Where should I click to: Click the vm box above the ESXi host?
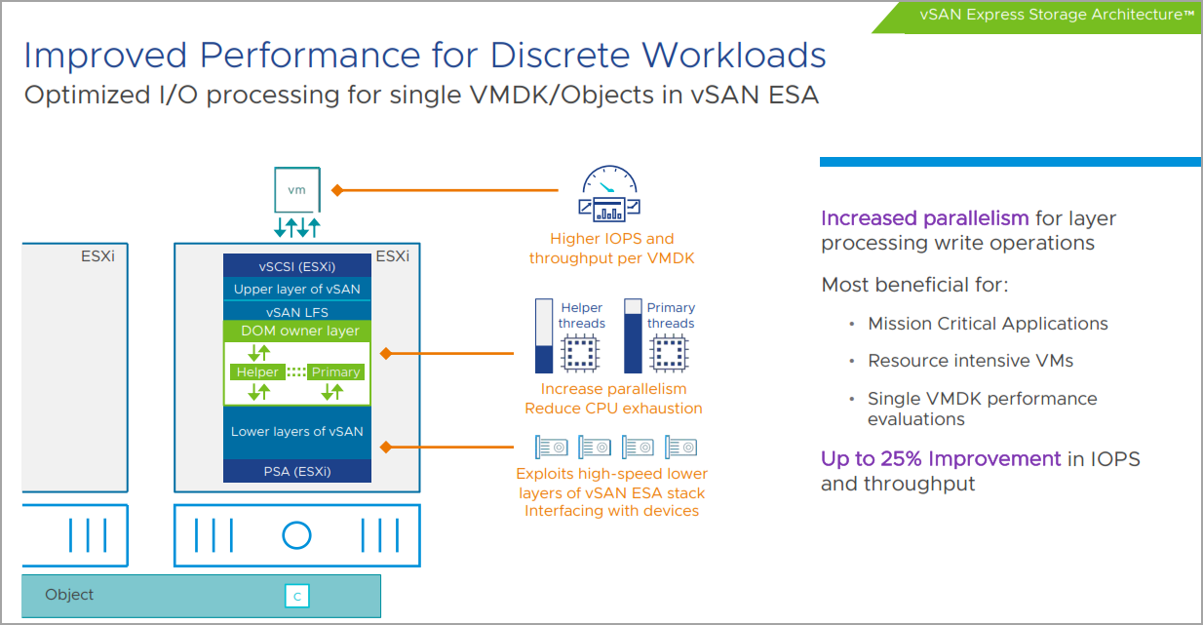click(297, 189)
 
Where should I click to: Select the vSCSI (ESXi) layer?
click(297, 266)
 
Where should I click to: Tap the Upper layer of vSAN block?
click(297, 289)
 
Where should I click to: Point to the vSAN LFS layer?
click(297, 311)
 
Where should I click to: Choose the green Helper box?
click(257, 372)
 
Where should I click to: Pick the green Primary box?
click(335, 372)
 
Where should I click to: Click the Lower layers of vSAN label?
click(297, 431)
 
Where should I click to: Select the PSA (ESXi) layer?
click(297, 471)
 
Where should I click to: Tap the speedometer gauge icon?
click(609, 193)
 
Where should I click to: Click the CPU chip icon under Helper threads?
click(579, 353)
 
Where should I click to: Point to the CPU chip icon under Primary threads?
click(669, 353)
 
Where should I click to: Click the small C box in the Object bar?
click(297, 596)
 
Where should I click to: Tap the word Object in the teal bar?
click(69, 595)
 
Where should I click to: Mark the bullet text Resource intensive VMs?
click(970, 361)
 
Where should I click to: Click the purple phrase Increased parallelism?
click(925, 218)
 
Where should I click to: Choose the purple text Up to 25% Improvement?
click(941, 459)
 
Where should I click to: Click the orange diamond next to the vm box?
click(337, 190)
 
